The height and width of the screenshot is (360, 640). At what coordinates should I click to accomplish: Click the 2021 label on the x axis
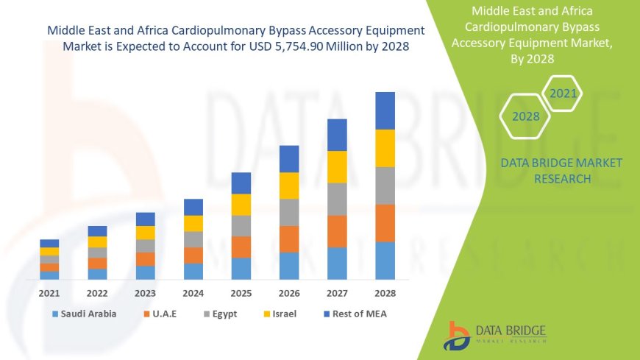[x=49, y=292]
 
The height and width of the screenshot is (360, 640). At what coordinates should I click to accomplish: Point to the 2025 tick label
[x=241, y=292]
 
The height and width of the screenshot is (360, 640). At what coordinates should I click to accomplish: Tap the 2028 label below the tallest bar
[x=385, y=292]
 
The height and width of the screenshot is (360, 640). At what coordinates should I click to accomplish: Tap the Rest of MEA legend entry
[x=355, y=314]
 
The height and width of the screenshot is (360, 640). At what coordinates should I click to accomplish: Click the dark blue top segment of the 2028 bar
[x=385, y=110]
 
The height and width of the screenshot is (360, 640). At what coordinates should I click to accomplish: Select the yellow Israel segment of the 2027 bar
[x=337, y=166]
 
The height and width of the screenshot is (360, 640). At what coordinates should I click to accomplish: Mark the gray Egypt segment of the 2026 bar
[x=289, y=212]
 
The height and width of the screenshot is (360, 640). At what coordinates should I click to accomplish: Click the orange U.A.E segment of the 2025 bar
[x=241, y=247]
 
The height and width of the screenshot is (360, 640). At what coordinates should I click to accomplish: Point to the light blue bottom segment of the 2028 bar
[x=385, y=261]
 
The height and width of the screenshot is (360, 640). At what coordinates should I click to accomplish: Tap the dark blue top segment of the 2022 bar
[x=97, y=231]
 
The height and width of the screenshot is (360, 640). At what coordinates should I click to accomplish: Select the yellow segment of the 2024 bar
[x=193, y=223]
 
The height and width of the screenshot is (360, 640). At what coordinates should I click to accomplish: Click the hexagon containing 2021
[x=563, y=93]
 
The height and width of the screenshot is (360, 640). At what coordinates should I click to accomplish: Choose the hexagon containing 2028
[x=525, y=116]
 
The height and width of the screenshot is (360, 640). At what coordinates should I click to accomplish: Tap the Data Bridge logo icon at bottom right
[x=458, y=335]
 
